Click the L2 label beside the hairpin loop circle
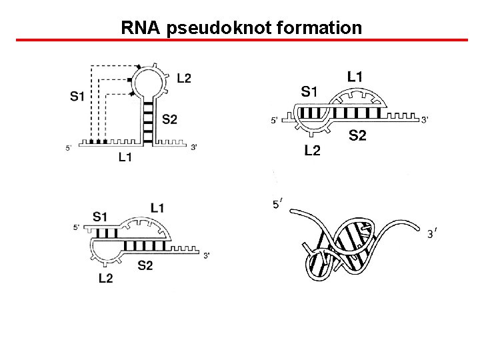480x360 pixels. click(x=184, y=78)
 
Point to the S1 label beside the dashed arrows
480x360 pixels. click(x=77, y=97)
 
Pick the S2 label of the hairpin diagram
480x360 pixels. click(x=170, y=119)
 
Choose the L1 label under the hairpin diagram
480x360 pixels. click(x=125, y=158)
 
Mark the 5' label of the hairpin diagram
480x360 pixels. click(x=69, y=148)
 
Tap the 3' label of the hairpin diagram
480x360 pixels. click(x=194, y=147)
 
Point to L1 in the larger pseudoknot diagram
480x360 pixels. click(x=355, y=77)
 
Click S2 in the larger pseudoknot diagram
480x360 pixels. click(x=357, y=136)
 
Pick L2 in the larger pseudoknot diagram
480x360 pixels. click(x=312, y=151)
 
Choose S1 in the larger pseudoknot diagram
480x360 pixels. click(x=309, y=91)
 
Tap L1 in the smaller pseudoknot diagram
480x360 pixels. click(x=158, y=208)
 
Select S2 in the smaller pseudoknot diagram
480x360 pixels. click(x=145, y=265)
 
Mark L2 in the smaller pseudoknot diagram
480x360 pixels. click(x=105, y=278)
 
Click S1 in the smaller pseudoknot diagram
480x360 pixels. click(x=101, y=216)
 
